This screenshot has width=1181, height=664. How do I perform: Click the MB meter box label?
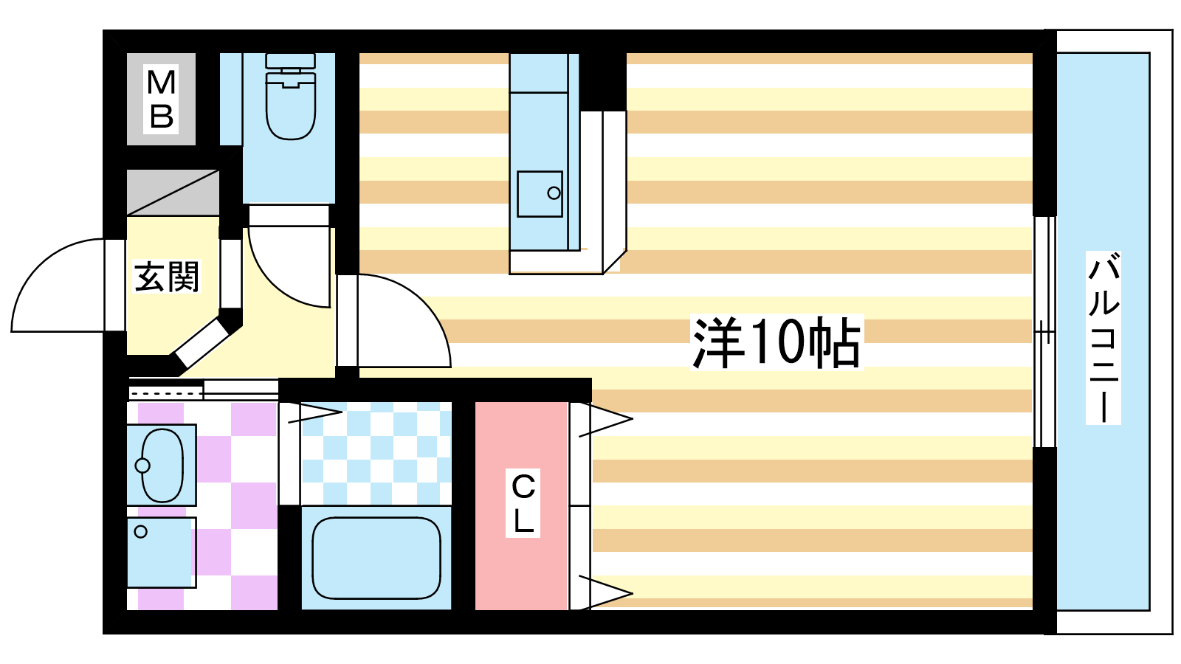(x=161, y=99)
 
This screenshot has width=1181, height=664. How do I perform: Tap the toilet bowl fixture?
(x=291, y=106)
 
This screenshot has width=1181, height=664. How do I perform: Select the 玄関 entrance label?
(x=167, y=276)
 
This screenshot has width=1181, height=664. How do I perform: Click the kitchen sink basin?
(x=540, y=194)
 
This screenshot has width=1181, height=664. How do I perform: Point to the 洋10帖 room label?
(x=777, y=342)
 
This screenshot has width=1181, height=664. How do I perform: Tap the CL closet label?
(x=523, y=502)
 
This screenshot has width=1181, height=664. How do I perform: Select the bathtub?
(x=376, y=558)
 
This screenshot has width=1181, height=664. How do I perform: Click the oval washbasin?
(x=162, y=465)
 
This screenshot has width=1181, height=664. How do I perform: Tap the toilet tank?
(x=291, y=60)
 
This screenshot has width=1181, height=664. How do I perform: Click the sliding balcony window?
(x=1044, y=332)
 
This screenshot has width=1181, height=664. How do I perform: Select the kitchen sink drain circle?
(x=554, y=193)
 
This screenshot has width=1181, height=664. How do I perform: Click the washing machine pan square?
(x=162, y=553)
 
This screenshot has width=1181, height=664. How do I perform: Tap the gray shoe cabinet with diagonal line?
(x=173, y=193)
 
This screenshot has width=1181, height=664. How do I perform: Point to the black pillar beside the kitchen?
(x=603, y=82)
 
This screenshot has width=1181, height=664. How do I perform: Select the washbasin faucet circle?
(x=142, y=466)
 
